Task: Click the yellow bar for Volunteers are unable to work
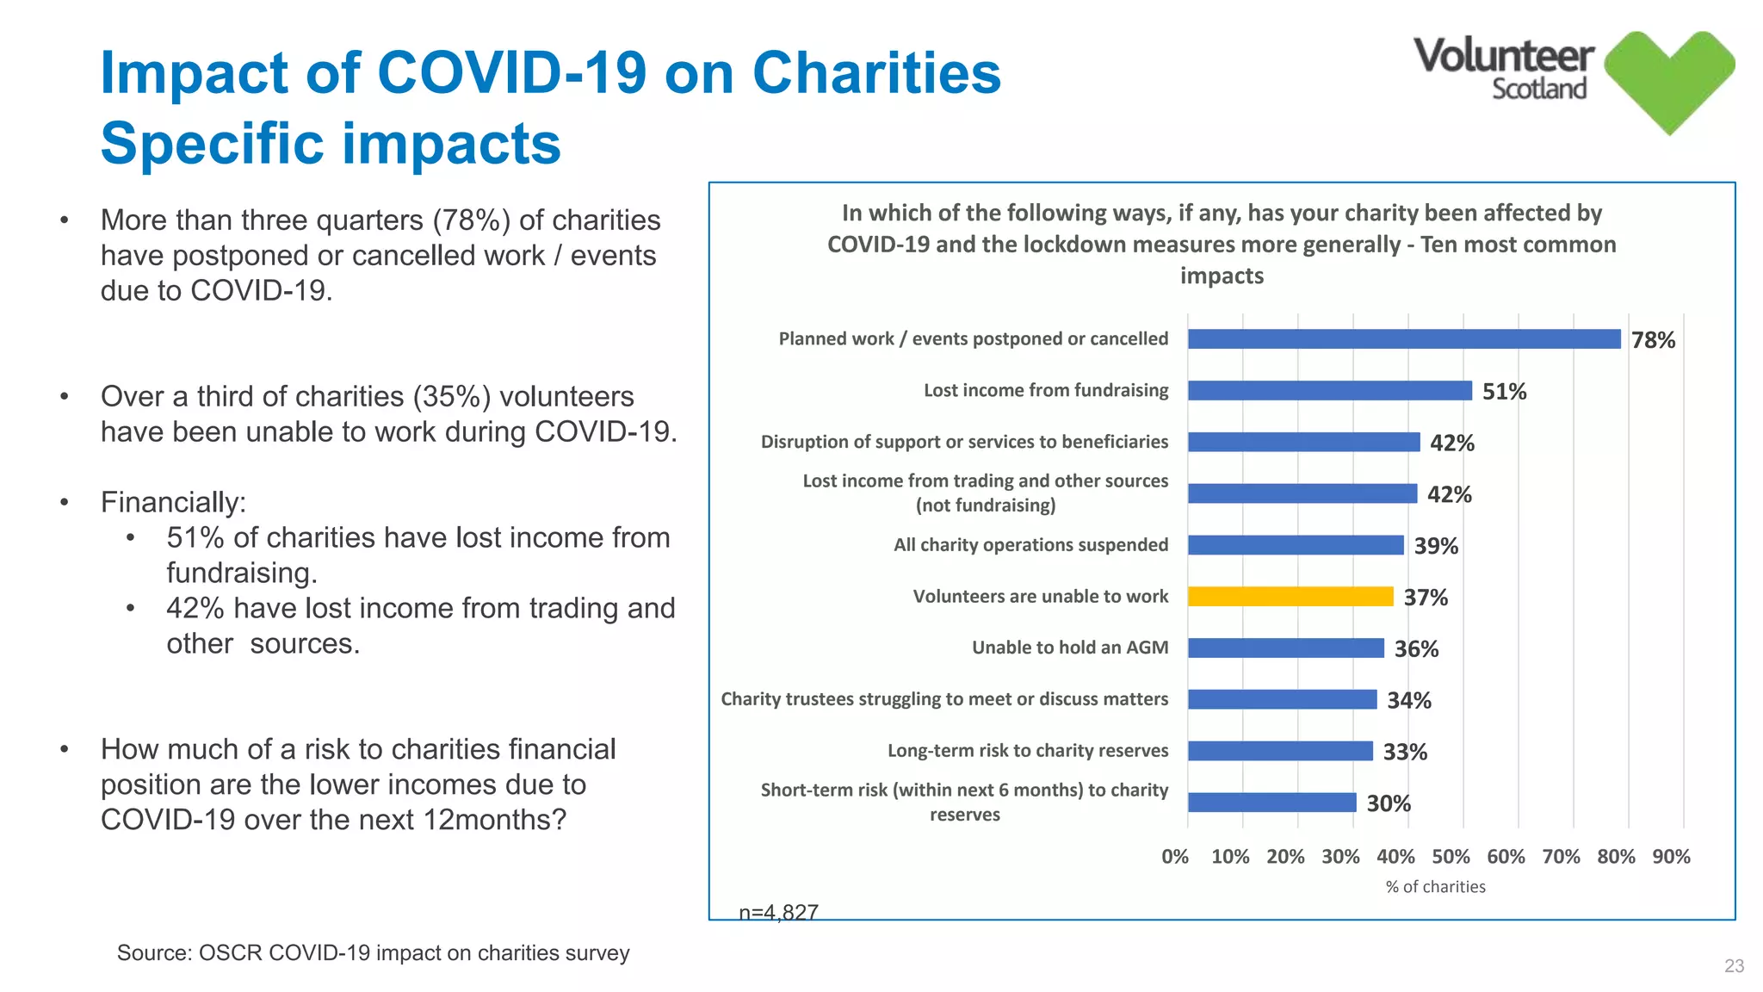(x=1290, y=596)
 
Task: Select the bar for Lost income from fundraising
(x=1329, y=390)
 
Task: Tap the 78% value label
(x=1653, y=340)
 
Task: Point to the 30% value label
(x=1388, y=803)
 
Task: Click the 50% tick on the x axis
(x=1451, y=857)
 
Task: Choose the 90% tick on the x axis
(x=1671, y=857)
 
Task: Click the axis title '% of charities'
(x=1435, y=887)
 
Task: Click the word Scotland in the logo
(x=1538, y=90)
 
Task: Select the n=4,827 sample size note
(x=778, y=912)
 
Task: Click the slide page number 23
(x=1734, y=966)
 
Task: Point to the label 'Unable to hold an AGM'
(x=1069, y=648)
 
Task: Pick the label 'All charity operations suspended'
(x=1030, y=545)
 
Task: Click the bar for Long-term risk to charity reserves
(x=1280, y=751)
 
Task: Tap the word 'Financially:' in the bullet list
(x=173, y=502)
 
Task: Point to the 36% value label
(x=1416, y=649)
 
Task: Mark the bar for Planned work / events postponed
(x=1403, y=338)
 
